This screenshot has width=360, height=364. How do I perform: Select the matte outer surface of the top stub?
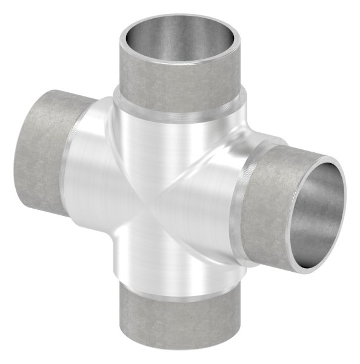pos(182,85)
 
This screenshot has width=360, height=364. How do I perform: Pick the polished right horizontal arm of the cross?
pos(212,206)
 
